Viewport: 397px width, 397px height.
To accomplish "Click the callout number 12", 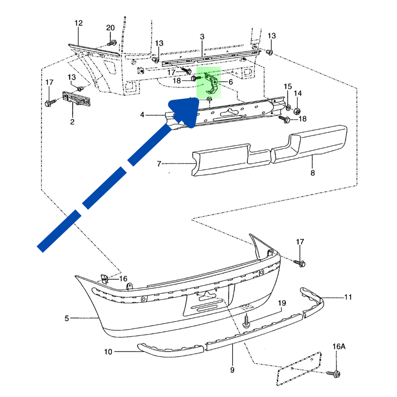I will point(78,23).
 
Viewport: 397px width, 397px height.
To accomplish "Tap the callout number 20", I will point(110,28).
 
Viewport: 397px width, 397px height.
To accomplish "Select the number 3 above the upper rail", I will point(202,36).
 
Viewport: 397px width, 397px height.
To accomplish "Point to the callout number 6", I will point(230,82).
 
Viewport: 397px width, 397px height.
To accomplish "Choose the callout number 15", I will point(287,86).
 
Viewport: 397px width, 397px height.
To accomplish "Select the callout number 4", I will point(142,115).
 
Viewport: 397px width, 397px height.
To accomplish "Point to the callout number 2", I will point(72,122).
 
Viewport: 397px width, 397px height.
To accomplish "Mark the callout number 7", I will point(159,164).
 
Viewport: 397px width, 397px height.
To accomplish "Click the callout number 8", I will point(312,173).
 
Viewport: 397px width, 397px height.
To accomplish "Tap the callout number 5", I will point(67,318).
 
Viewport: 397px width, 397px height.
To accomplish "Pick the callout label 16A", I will point(338,346).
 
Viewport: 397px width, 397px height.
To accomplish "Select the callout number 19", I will point(282,303).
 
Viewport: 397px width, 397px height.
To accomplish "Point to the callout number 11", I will point(348,297).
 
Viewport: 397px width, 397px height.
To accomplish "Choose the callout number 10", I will point(108,352).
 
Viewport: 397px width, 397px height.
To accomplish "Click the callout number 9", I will point(232,370).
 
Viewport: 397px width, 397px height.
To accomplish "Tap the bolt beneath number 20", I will point(113,42).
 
